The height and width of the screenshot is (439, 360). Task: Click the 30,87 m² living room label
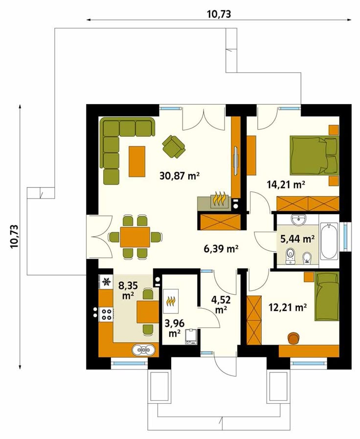[180, 176]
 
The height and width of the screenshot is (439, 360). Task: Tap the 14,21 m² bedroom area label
[285, 184]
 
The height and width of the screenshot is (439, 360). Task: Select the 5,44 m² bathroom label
[297, 239]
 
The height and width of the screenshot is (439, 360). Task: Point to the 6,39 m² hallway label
[221, 248]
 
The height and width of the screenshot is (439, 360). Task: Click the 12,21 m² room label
[288, 307]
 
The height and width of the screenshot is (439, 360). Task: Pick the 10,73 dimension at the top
[219, 14]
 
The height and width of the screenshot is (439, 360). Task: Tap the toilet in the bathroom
[290, 256]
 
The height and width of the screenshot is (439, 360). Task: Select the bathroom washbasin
[299, 219]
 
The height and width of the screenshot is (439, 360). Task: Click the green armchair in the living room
[174, 145]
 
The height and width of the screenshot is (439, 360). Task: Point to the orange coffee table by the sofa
[137, 161]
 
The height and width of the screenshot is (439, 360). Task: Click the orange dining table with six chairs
[135, 237]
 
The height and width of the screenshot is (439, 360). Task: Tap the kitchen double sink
[144, 350]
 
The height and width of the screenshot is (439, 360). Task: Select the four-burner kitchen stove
[107, 314]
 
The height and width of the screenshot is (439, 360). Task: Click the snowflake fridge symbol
[106, 282]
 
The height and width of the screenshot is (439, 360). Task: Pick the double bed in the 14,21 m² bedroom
[315, 155]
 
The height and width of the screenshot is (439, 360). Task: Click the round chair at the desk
[293, 338]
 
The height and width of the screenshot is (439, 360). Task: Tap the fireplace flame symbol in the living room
[220, 198]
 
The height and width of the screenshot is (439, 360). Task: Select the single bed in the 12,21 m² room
[327, 297]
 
